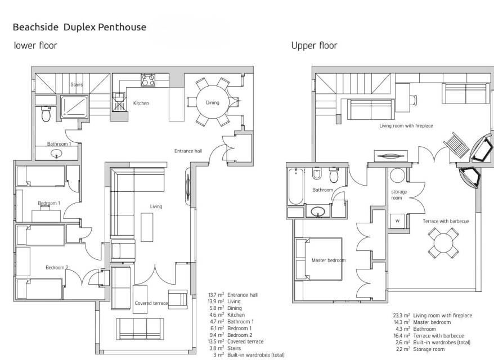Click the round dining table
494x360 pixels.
(x=212, y=102)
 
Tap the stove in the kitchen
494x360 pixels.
(x=148, y=80)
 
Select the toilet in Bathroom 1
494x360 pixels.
(x=46, y=114)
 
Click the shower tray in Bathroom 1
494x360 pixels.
(x=74, y=107)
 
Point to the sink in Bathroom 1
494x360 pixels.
(x=57, y=154)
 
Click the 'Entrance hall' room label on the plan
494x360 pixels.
(x=188, y=151)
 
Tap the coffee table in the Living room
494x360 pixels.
(x=147, y=227)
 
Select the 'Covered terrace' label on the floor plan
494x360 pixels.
(x=151, y=303)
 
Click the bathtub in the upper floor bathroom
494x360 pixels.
(x=296, y=186)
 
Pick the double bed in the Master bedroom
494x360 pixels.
(x=318, y=259)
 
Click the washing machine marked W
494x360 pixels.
(x=397, y=221)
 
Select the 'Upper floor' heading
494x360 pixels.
(x=314, y=46)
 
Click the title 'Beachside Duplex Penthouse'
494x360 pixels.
(x=79, y=28)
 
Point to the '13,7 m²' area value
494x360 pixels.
(x=216, y=295)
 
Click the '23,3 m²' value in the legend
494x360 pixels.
(x=401, y=315)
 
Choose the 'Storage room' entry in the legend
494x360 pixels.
(x=429, y=349)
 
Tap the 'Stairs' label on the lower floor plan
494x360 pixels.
(x=77, y=84)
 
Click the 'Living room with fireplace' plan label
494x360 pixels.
(x=406, y=125)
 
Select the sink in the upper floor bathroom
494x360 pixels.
(x=318, y=212)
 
